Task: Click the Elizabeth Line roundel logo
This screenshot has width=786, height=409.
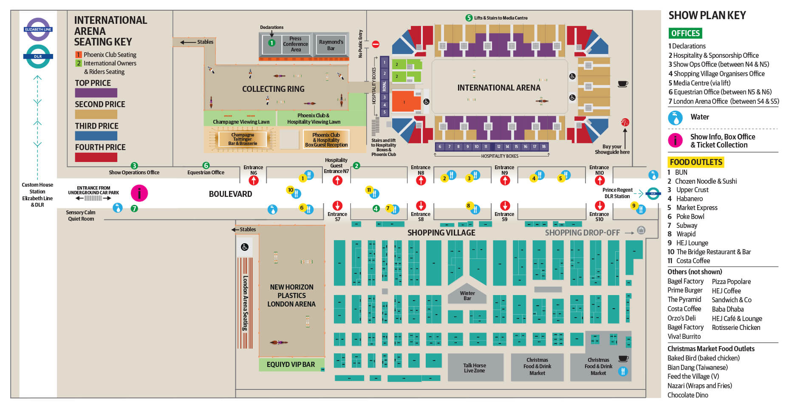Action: click(38, 29)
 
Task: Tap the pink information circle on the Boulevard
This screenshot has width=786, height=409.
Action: click(139, 193)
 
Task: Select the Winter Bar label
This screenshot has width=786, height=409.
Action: click(467, 295)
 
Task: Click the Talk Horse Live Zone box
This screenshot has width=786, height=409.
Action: click(475, 368)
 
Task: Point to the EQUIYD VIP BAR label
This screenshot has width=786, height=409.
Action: click(291, 364)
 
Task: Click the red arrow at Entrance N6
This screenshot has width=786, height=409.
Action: click(254, 180)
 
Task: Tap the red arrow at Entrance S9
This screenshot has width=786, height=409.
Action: click(505, 205)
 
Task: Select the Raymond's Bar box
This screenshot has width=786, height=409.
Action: click(331, 45)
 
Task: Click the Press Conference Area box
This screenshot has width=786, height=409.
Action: click(295, 44)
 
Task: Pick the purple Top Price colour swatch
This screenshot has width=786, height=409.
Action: click(96, 93)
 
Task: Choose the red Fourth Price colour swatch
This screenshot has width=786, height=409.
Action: click(96, 157)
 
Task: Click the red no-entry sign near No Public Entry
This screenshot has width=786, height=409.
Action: click(376, 44)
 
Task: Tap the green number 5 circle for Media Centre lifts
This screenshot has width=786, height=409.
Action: click(469, 18)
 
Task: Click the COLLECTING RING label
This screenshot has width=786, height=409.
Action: click(273, 89)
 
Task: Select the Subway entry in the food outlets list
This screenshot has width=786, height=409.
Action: click(687, 225)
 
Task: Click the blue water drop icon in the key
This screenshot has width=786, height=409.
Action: click(675, 117)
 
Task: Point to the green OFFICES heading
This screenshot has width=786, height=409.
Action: click(685, 33)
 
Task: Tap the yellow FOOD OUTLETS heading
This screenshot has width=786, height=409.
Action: click(696, 162)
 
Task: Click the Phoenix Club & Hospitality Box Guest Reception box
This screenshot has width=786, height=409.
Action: click(326, 139)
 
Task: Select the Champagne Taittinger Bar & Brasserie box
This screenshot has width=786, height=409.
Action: click(243, 139)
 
